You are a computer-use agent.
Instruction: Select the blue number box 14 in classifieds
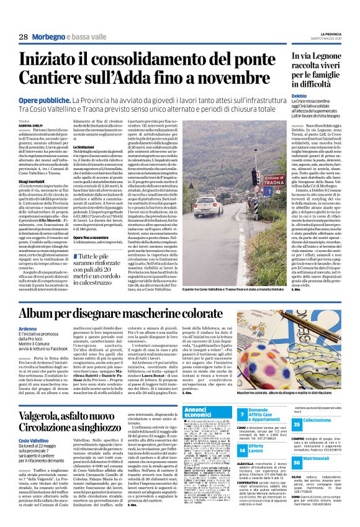[241, 451]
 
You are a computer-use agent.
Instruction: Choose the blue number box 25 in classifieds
[297, 423]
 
